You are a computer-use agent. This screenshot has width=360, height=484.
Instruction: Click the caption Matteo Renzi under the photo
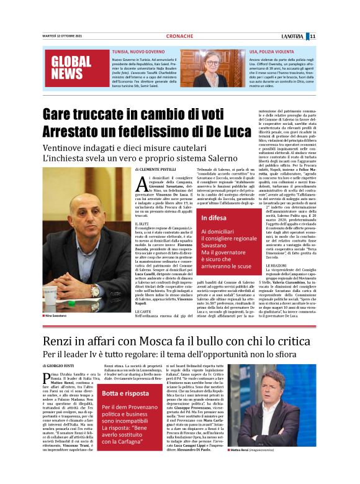(x=252, y=467)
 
